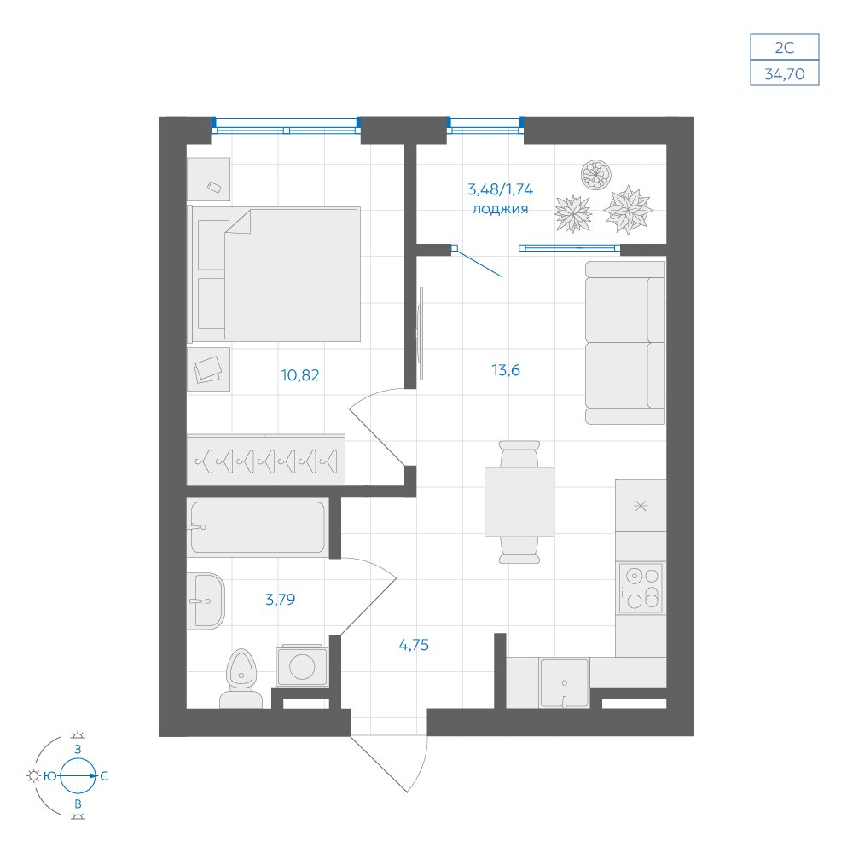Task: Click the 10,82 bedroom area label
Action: [299, 374]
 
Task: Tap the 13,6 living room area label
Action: [505, 370]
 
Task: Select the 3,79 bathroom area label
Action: [280, 599]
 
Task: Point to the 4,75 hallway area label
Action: [414, 645]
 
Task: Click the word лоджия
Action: [501, 208]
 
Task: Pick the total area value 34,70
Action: [785, 73]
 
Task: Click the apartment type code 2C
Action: [785, 48]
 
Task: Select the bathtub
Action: [258, 527]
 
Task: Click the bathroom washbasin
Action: [206, 601]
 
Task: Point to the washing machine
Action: [303, 665]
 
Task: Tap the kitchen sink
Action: [564, 683]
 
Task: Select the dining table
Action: [519, 502]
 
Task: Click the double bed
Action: [274, 274]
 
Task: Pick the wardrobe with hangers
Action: [266, 460]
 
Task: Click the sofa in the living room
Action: [625, 343]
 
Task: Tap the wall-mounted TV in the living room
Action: [421, 334]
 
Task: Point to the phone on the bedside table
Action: [214, 187]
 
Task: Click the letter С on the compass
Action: [104, 776]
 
